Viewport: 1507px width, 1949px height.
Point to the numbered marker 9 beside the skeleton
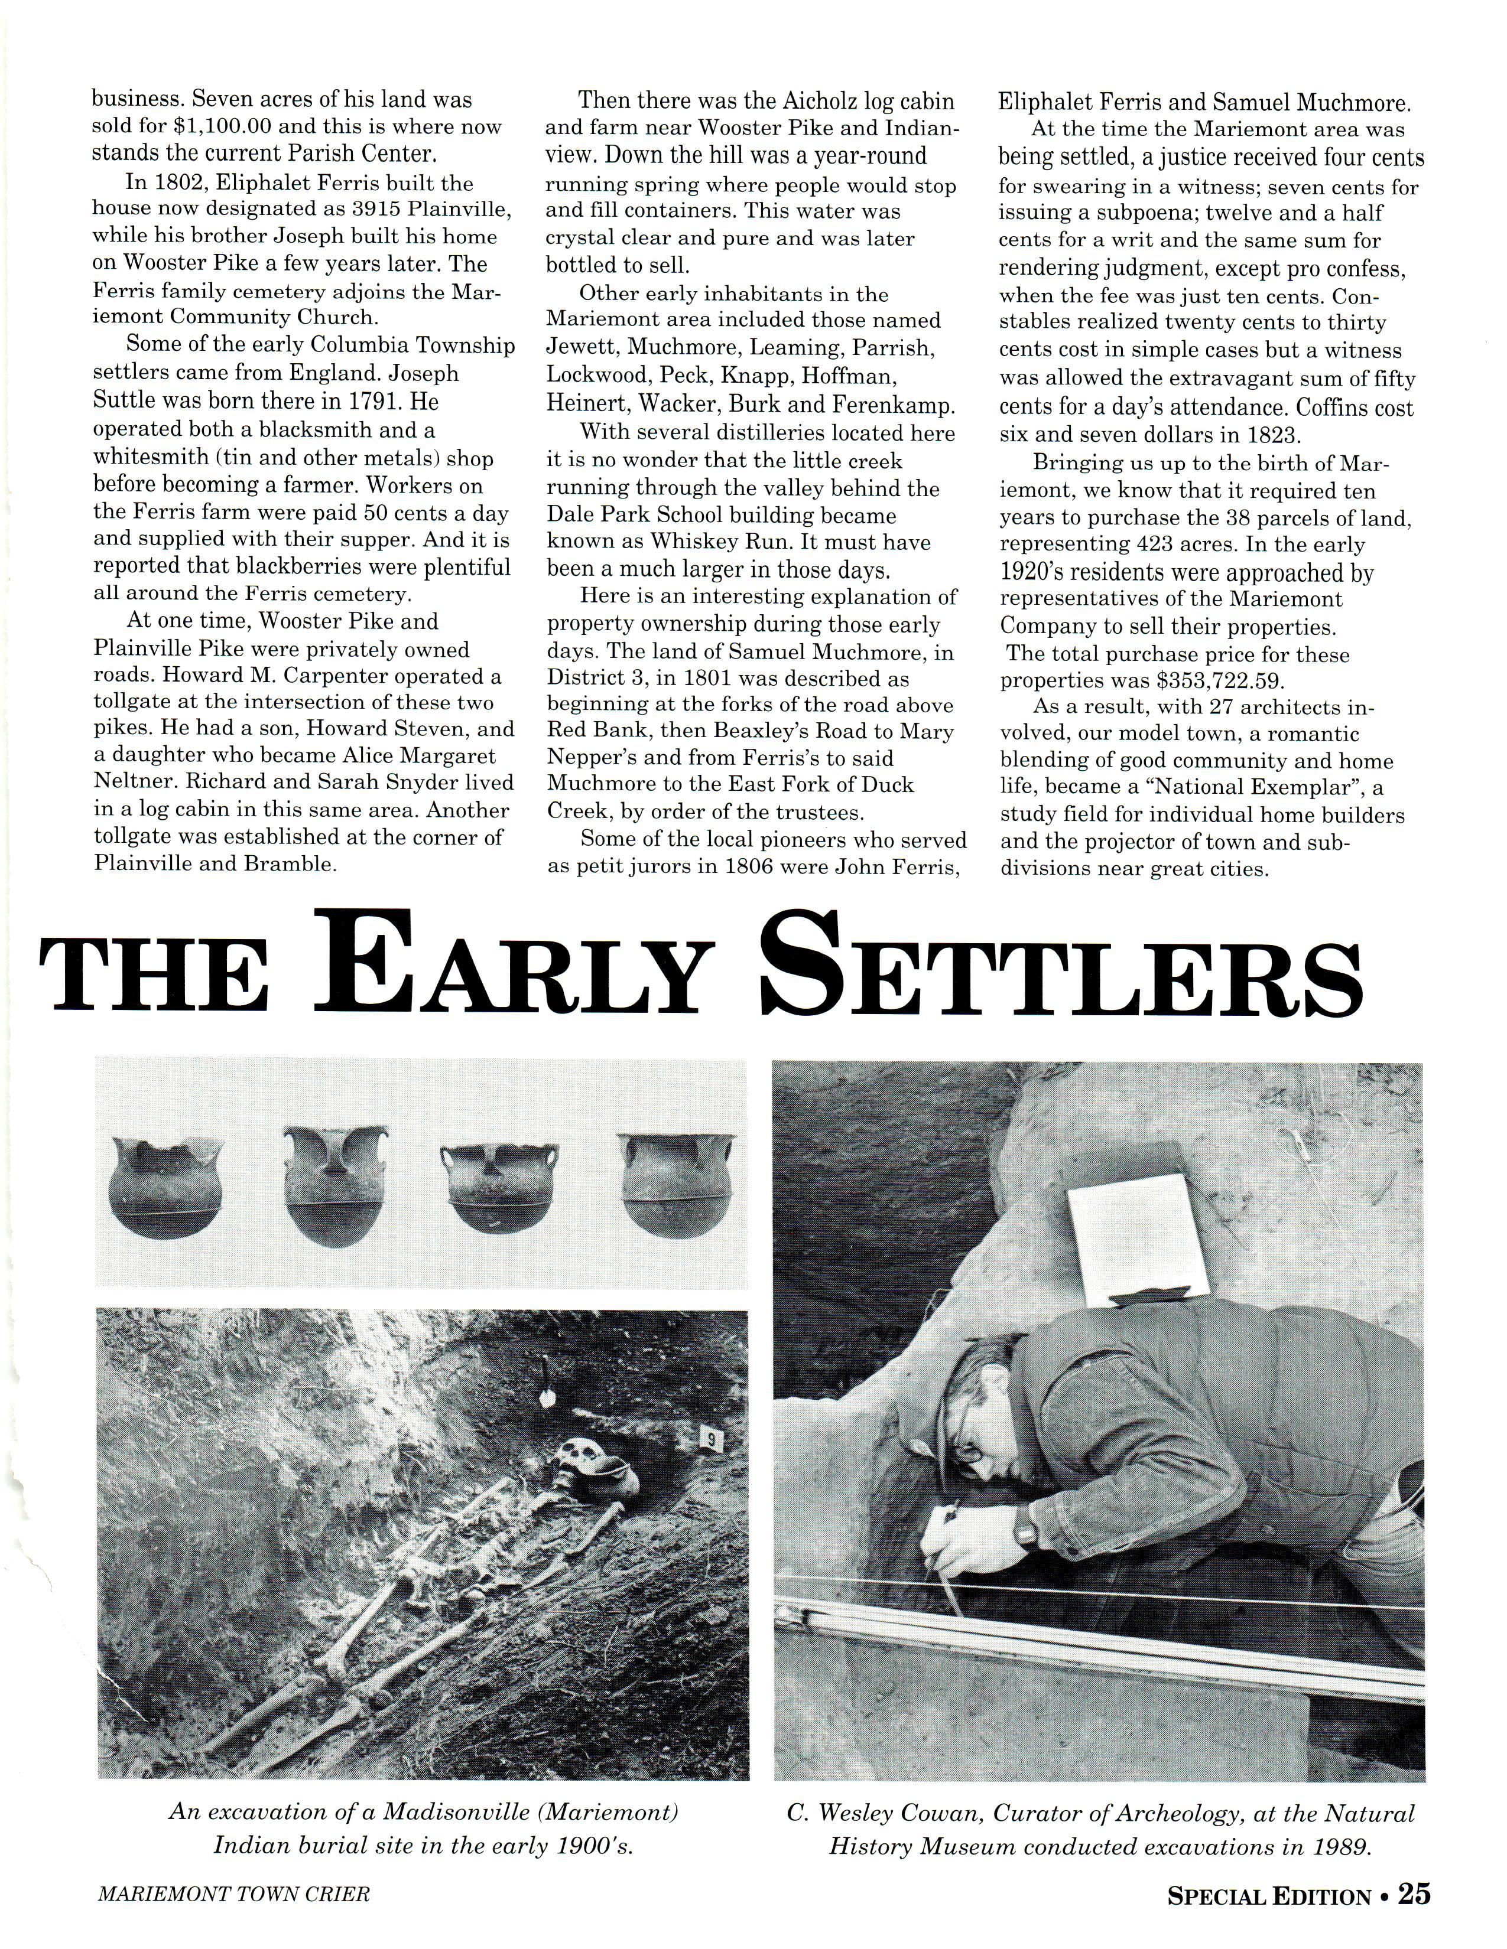tap(710, 1439)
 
